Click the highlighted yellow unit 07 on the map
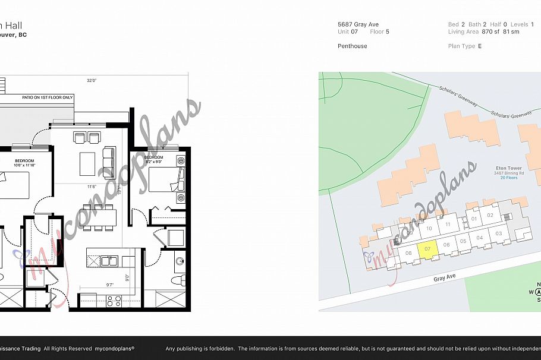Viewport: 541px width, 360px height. [427, 250]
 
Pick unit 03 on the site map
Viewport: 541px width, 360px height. [499, 233]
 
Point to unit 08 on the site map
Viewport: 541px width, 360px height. [408, 254]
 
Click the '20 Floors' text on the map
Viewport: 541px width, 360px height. [508, 178]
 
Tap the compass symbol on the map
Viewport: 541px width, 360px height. [539, 292]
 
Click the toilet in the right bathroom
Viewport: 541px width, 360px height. [176, 279]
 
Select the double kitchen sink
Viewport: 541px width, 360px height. [108, 260]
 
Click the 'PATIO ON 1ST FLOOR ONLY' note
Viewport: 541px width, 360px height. [48, 97]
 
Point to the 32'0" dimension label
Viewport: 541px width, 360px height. [92, 80]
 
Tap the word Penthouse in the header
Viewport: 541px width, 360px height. [353, 46]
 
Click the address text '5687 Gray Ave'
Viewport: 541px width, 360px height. [358, 24]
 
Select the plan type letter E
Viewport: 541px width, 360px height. [479, 46]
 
